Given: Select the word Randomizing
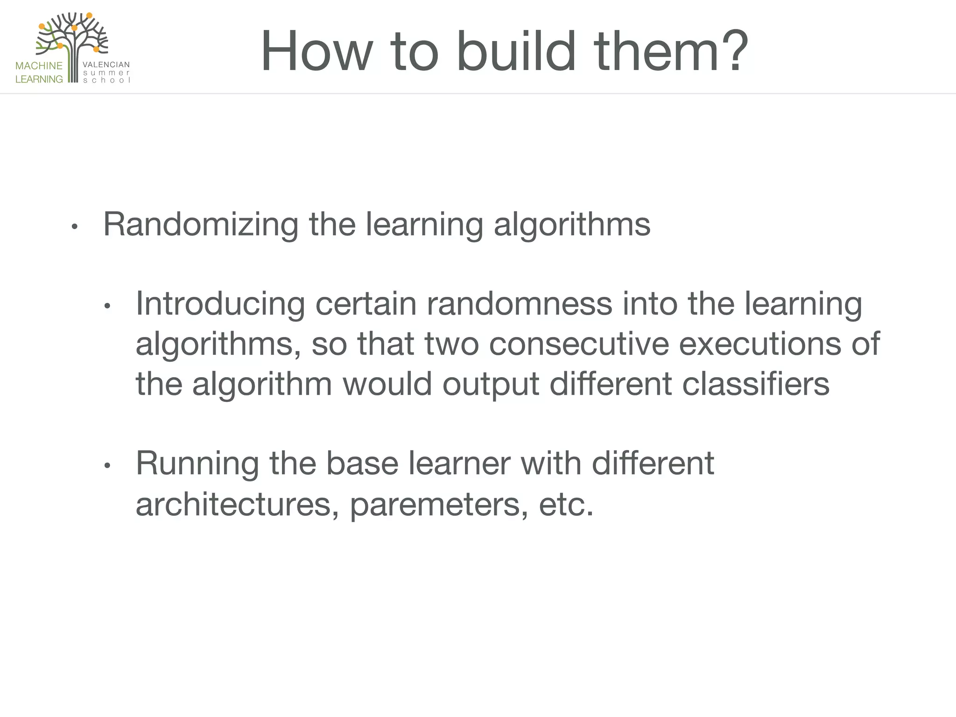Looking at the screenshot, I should tap(200, 225).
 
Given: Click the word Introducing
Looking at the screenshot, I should tap(220, 304).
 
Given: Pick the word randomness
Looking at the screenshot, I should tap(519, 304).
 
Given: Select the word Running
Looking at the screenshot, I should tap(197, 464).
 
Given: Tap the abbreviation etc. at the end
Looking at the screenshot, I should tap(566, 505).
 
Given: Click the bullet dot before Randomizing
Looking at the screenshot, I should tap(74, 227).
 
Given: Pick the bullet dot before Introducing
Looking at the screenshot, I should tap(107, 307).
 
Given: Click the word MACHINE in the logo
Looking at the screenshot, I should tap(39, 66).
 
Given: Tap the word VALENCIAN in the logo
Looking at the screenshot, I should tap(106, 64).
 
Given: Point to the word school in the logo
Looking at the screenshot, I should tap(106, 80).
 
